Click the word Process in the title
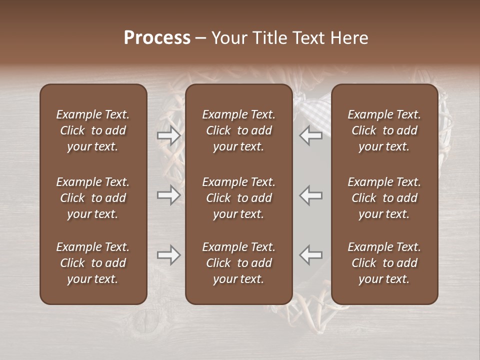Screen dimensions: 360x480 (x=157, y=37)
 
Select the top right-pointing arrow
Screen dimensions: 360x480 (x=168, y=135)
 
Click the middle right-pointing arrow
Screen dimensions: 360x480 (x=168, y=195)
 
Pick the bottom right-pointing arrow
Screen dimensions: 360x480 (x=168, y=255)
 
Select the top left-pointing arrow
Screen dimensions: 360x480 (x=311, y=135)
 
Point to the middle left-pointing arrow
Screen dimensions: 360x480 (x=311, y=195)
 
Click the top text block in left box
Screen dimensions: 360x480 (x=93, y=130)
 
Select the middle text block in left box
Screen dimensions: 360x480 (x=93, y=198)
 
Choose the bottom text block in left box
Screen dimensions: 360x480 (x=93, y=263)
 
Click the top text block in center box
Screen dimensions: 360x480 (x=238, y=130)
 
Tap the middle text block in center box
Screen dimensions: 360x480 (x=238, y=198)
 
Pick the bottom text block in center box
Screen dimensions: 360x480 (x=238, y=263)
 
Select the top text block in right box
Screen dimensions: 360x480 (x=384, y=130)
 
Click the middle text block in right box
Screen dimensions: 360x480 (x=384, y=198)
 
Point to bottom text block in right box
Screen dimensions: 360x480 (x=384, y=263)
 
